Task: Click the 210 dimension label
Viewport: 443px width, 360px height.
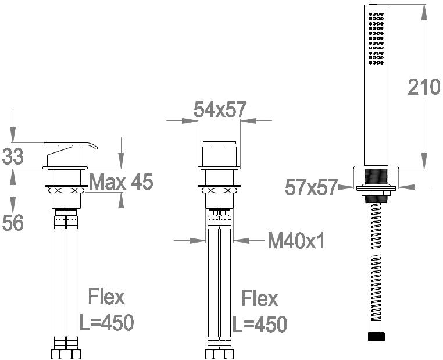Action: click(424, 87)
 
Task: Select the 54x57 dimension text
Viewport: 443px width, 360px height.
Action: click(220, 110)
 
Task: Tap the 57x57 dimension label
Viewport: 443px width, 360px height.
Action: click(312, 187)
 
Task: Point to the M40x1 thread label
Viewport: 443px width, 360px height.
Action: click(296, 240)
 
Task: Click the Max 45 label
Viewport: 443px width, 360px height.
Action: click(121, 181)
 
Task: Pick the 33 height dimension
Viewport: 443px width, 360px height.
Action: click(13, 157)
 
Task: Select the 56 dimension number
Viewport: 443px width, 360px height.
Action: click(13, 223)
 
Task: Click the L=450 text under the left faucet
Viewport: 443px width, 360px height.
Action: click(106, 322)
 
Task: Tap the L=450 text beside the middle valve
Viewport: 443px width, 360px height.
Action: click(260, 324)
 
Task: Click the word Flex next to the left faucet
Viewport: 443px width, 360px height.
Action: click(106, 297)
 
